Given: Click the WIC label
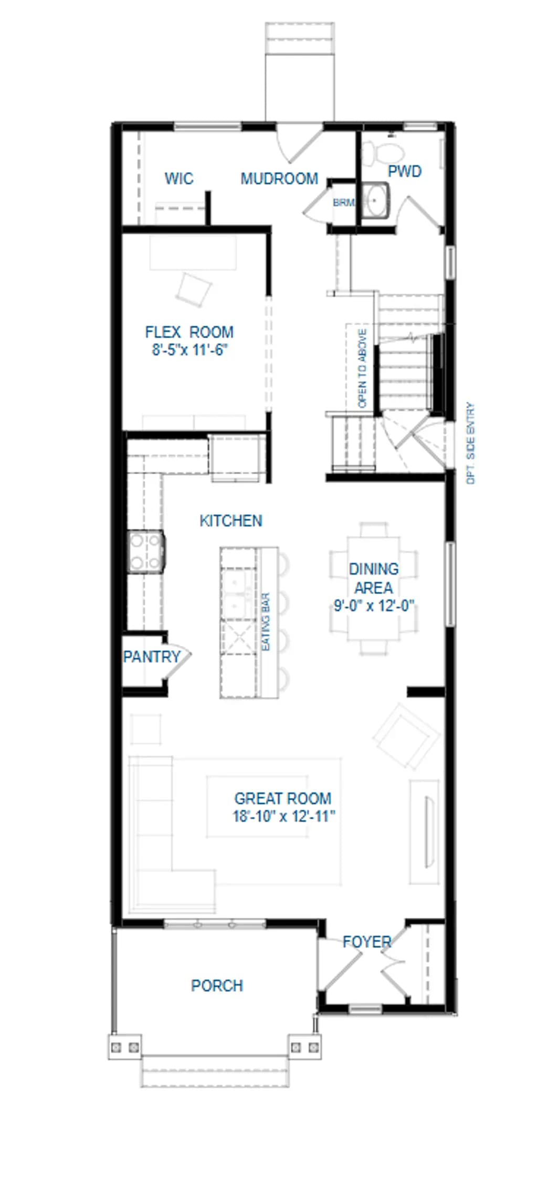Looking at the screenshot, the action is point(178,178).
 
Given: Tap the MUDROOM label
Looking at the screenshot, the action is point(279,179).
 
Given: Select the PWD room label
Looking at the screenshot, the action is point(405,171).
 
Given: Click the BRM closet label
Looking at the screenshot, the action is point(343,202).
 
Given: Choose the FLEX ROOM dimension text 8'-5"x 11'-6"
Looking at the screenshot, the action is point(189,350).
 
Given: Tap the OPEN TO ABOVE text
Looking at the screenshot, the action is point(362,368).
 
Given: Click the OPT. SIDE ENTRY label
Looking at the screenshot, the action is point(470,443).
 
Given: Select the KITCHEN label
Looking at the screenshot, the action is point(231,521).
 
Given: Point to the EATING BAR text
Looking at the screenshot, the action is point(266,623).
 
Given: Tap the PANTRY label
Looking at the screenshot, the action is point(152,657).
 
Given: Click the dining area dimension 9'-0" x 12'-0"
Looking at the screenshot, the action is point(374,606).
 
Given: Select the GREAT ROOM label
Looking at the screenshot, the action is point(282,799).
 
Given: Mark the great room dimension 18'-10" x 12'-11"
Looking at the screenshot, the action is point(284,817).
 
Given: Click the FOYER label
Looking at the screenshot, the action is point(367,942).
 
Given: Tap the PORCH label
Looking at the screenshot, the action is point(217,986).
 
